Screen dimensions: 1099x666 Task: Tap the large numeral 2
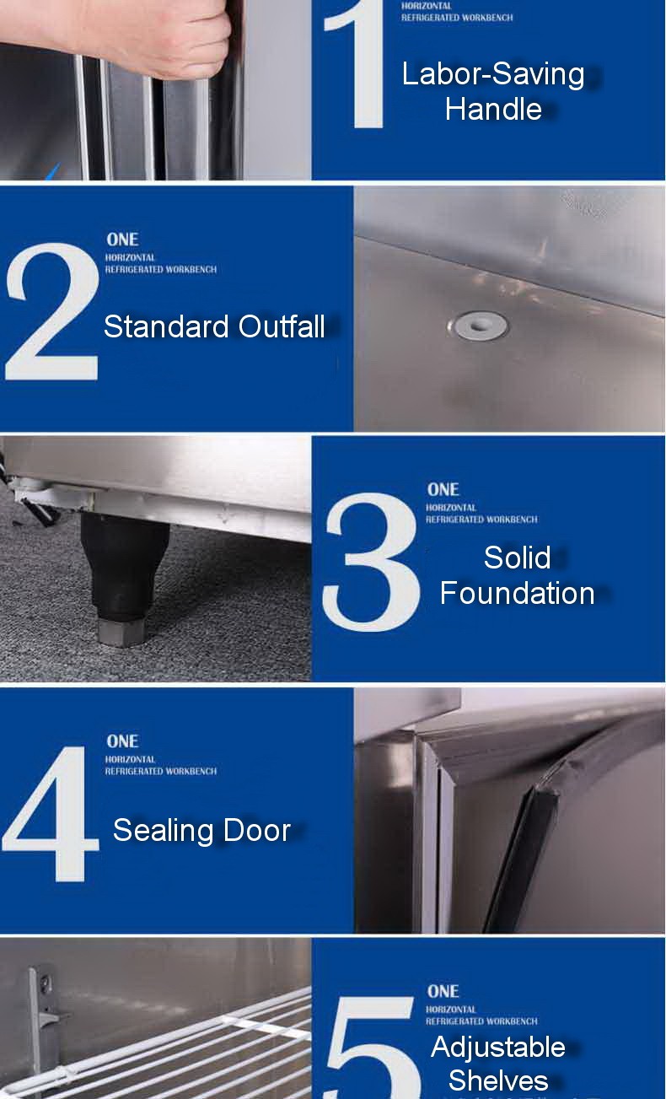point(52,312)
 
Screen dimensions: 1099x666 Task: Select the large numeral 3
point(371,561)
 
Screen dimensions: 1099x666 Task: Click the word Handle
point(493,109)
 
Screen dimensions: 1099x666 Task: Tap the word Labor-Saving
point(493,74)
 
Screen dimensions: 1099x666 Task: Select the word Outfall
point(282,326)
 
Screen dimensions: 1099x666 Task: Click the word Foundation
point(517,593)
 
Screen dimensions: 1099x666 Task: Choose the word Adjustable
point(497,1047)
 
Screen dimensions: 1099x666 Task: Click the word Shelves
point(497,1080)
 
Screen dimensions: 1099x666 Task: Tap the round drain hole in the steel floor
point(478,324)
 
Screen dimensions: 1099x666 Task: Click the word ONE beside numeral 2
point(122,240)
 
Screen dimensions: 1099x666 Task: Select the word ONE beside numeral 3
point(443,489)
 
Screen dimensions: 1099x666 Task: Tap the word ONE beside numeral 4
point(122,741)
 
